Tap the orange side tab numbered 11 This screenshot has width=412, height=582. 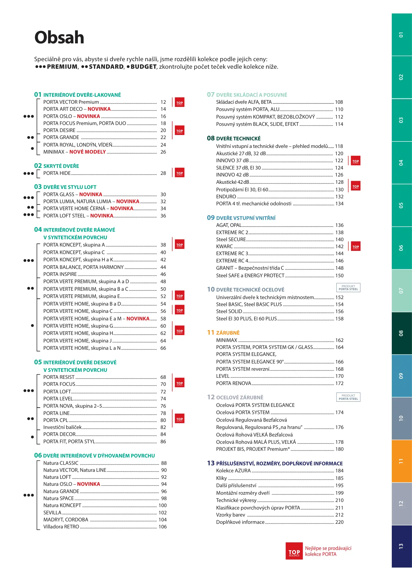(401, 461)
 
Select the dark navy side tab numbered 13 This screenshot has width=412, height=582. (401, 546)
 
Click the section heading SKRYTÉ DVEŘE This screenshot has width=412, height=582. (61, 166)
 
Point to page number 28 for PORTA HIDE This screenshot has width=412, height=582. (163, 173)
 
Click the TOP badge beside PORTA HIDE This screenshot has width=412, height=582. (180, 173)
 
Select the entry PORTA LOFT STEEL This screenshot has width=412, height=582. (64, 216)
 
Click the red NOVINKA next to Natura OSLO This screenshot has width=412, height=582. (88, 484)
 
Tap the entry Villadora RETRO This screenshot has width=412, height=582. (61, 527)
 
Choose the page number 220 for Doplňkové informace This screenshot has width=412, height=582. (339, 522)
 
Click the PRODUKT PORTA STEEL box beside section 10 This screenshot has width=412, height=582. (348, 288)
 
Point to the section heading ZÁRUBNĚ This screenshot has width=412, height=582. (228, 333)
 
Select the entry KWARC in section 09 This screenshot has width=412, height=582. (224, 247)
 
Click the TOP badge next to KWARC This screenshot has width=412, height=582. (356, 247)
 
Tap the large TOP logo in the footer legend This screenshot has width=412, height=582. (294, 551)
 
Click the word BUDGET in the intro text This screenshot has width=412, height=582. (144, 67)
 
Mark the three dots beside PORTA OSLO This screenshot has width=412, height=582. (29, 116)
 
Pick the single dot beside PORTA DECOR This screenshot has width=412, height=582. (32, 437)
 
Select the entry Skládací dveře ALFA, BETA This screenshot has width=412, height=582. (244, 102)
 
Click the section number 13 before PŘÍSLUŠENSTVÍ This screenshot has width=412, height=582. (211, 463)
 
